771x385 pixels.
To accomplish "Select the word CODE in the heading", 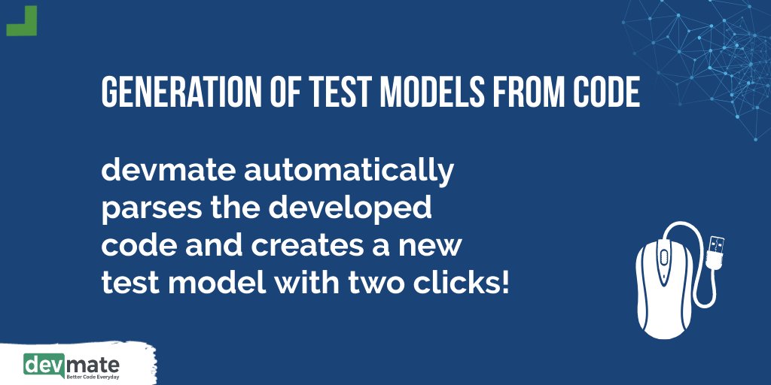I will (x=605, y=92).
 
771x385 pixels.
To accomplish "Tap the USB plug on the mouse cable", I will (x=716, y=248).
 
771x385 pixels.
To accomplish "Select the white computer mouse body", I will (x=663, y=293).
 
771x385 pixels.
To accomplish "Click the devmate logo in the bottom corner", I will (x=72, y=365).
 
